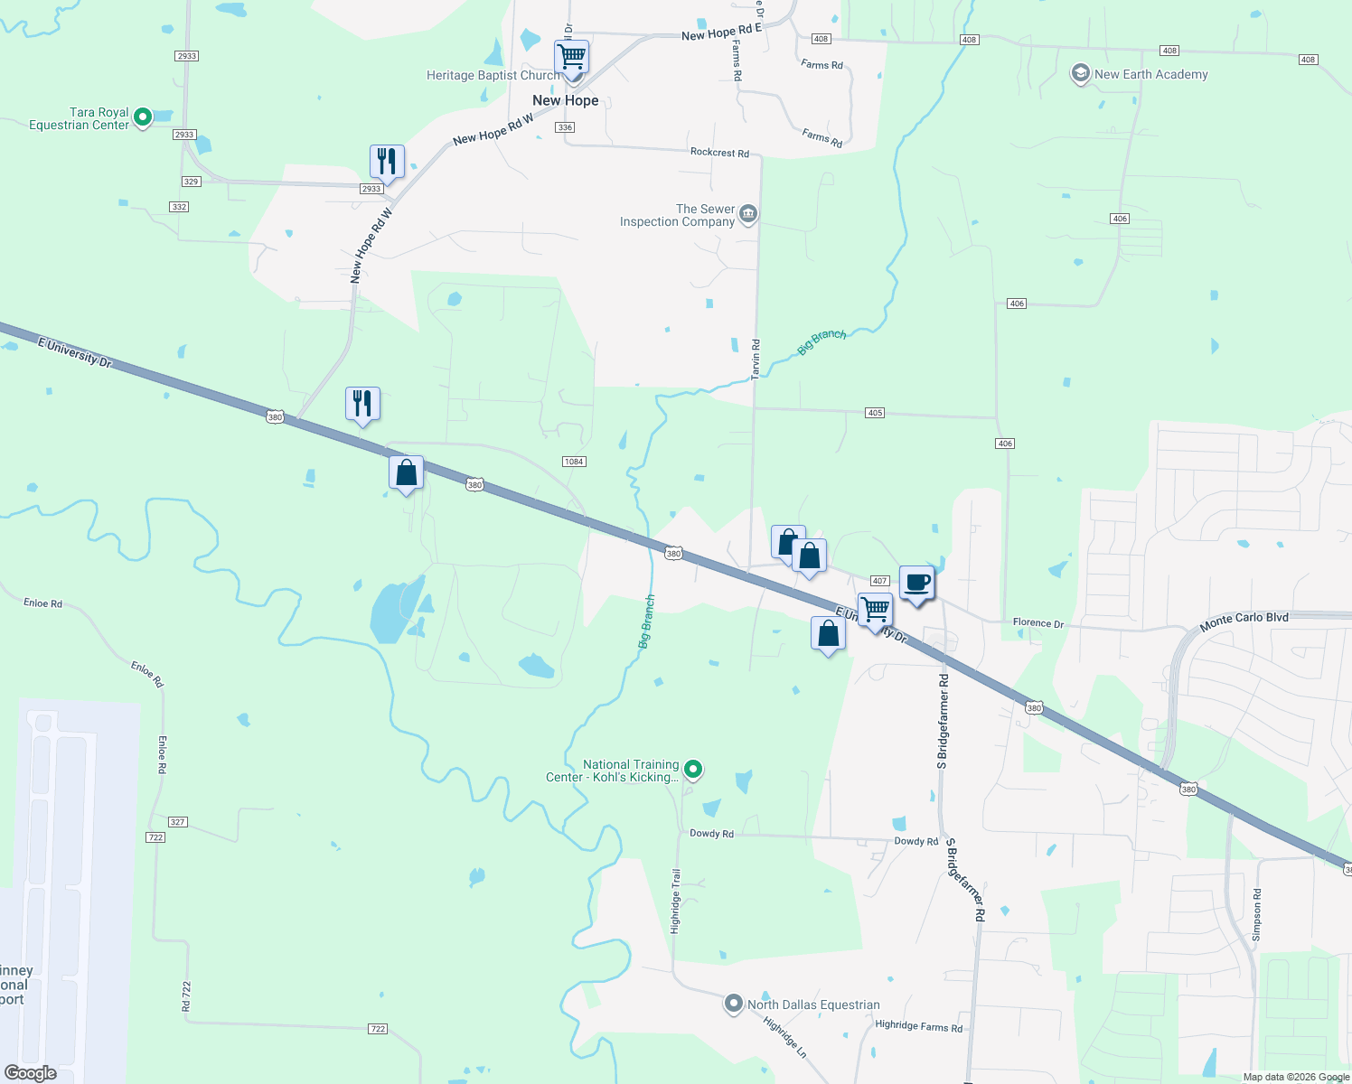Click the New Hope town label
[x=565, y=100]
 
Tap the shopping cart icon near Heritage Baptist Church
[x=571, y=57]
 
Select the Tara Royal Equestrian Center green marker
[x=142, y=117]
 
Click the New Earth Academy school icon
[x=1080, y=74]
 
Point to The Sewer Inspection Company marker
[x=747, y=214]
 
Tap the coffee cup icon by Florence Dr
[x=916, y=583]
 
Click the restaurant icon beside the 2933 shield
[x=387, y=162]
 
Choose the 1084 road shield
[x=574, y=462]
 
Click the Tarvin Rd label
[x=756, y=359]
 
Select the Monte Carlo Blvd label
[x=1244, y=621]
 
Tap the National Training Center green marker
[x=693, y=770]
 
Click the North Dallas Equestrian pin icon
[x=734, y=1004]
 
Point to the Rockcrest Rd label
[x=719, y=153]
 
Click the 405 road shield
[x=874, y=413]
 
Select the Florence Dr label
[x=1037, y=622]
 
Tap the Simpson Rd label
[x=1256, y=914]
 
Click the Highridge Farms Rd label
[x=918, y=1025]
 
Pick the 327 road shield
[x=177, y=822]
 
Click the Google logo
[x=30, y=1073]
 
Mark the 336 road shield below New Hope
[x=565, y=127]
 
